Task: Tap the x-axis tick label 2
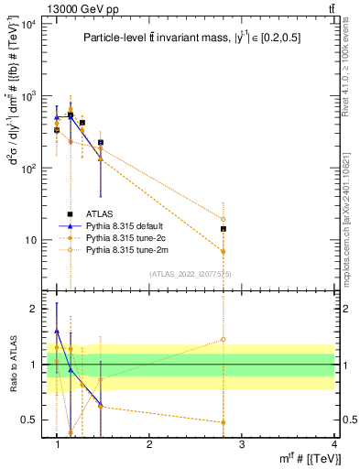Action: tap(149, 443)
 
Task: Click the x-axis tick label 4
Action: tap(334, 443)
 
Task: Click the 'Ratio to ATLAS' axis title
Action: tap(12, 365)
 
